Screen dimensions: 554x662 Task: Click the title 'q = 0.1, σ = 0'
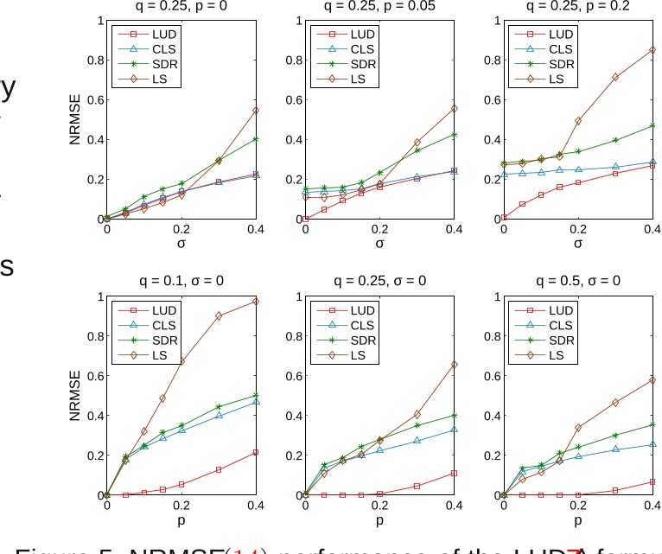tap(181, 281)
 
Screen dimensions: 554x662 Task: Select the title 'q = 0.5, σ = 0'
tap(577, 281)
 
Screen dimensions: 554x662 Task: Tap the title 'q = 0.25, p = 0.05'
tap(379, 4)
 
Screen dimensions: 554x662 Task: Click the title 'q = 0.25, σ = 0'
tap(379, 281)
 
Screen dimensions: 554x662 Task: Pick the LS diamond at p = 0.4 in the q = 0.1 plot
tap(255, 301)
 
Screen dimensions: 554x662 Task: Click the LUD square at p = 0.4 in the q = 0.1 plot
tap(255, 452)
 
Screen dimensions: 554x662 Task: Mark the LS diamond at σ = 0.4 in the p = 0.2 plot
tap(652, 50)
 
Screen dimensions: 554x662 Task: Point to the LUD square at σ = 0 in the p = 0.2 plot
tap(504, 218)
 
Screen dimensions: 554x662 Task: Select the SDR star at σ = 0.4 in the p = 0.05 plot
tap(454, 135)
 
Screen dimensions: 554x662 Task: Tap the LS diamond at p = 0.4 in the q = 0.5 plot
tap(652, 380)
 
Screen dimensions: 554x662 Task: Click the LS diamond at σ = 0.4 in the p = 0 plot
tap(255, 111)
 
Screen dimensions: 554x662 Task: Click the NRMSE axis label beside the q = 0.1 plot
tap(75, 396)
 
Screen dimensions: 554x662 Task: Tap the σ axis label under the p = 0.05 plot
tap(379, 244)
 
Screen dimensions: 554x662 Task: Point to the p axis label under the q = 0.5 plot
tap(577, 521)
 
